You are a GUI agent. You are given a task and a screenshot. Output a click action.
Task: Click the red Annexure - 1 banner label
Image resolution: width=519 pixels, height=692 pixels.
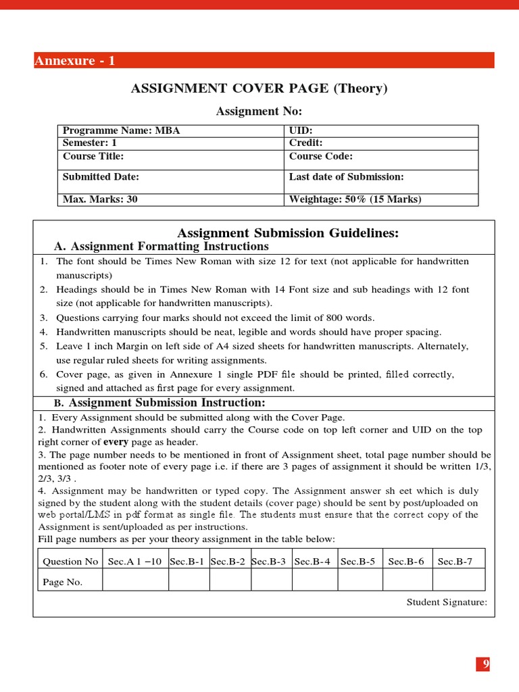pos(75,61)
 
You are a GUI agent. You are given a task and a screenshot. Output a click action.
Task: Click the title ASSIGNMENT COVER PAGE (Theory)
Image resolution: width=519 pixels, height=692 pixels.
pos(259,89)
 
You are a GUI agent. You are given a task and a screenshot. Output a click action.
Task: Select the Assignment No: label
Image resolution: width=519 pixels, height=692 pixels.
pos(259,111)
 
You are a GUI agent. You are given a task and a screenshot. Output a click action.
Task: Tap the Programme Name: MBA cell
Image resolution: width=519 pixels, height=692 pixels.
pos(122,130)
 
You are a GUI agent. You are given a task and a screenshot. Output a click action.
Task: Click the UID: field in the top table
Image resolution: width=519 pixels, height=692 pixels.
pos(301,130)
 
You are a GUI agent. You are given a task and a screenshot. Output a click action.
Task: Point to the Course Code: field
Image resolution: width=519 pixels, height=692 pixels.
pos(321,156)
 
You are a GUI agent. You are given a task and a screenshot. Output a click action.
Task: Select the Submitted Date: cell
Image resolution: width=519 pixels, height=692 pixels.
pos(101,176)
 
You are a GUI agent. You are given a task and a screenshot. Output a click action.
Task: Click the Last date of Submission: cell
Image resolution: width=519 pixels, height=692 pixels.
pos(346,176)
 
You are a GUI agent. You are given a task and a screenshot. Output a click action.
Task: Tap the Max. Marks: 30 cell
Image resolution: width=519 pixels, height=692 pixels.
pos(100,199)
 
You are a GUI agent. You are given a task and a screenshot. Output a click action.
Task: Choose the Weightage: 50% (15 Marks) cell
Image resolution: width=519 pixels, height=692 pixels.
pos(355,199)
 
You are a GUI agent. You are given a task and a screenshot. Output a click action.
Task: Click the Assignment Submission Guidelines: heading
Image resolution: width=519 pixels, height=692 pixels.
pos(287,233)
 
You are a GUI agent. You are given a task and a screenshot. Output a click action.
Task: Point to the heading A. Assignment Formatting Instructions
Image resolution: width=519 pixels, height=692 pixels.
pos(161,247)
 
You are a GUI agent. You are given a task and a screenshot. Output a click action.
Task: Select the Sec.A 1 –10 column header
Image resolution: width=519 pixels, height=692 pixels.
pos(135,562)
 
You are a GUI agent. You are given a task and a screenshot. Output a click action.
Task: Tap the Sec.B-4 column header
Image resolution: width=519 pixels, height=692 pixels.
pos(313,562)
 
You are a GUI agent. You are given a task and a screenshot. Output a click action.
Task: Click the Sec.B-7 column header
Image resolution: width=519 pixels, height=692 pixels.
pos(455,562)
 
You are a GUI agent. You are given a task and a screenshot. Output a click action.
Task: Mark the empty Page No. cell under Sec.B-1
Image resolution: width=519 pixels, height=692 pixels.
pos(189,580)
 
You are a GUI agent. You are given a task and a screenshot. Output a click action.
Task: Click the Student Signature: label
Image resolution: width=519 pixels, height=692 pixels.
pos(446,602)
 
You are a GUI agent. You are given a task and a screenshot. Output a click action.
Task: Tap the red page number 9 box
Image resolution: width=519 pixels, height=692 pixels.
pos(484,664)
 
